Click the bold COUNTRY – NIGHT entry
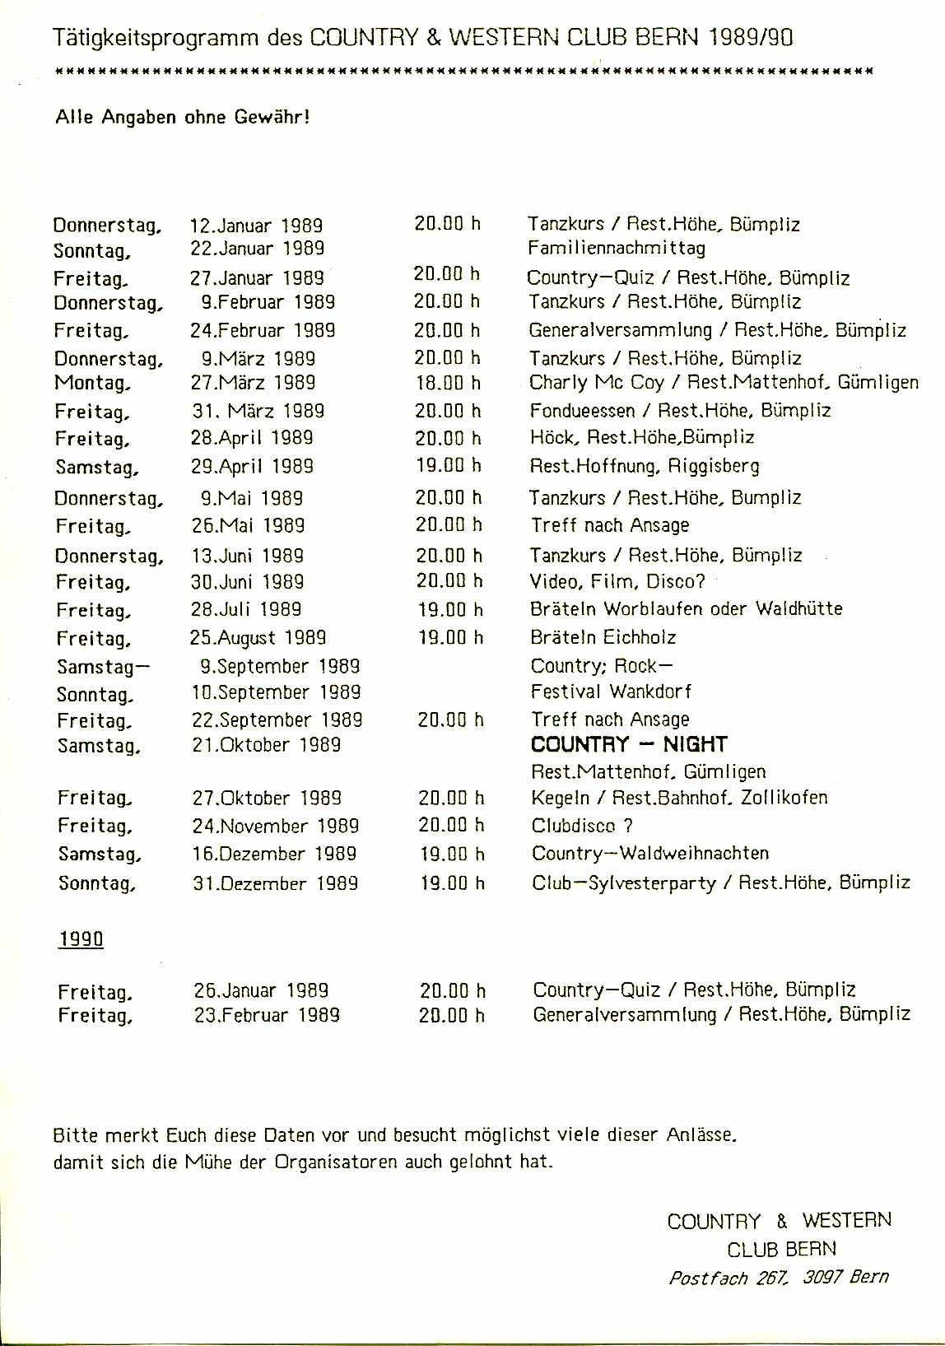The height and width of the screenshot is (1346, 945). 628,745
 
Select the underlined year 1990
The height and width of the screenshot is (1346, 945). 81,939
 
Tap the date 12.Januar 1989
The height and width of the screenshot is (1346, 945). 256,226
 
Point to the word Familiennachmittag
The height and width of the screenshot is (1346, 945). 616,248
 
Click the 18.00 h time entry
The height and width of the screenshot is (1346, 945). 448,383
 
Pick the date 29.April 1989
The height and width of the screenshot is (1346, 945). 252,466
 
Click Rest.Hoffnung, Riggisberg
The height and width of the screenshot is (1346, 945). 645,466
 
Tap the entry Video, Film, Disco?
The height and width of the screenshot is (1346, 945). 617,582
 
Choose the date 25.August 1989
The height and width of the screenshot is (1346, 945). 258,638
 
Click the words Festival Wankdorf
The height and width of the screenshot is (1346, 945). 611,692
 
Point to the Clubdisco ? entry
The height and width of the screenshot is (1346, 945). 581,826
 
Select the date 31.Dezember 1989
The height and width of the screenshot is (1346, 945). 275,883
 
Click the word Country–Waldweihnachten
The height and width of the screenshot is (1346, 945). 649,854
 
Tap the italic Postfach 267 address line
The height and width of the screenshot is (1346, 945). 778,1278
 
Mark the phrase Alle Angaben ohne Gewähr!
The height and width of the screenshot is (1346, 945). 182,117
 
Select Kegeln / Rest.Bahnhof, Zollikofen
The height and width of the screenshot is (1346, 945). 679,798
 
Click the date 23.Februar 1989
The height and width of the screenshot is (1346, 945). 267,1015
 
